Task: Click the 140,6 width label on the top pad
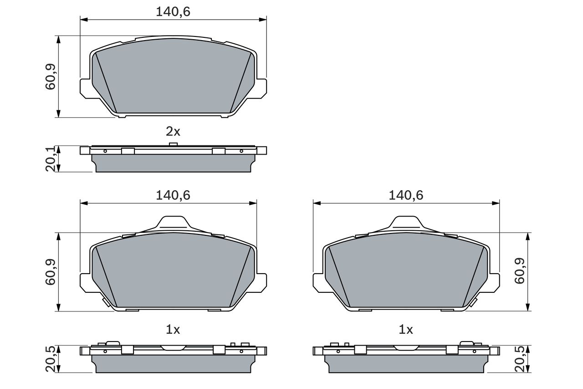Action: pyautogui.click(x=173, y=12)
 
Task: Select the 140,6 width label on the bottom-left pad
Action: pyautogui.click(x=173, y=195)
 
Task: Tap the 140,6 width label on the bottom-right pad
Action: pyautogui.click(x=406, y=195)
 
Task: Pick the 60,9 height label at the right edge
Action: pyautogui.click(x=520, y=272)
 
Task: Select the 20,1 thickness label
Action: pyautogui.click(x=51, y=159)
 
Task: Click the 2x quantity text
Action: pyautogui.click(x=173, y=132)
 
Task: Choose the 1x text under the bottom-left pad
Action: pyautogui.click(x=173, y=329)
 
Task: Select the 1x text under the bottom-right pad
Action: pyautogui.click(x=406, y=329)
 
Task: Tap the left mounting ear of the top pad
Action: pyautogui.click(x=86, y=88)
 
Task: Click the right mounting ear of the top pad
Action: pyautogui.click(x=261, y=88)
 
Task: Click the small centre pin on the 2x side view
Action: pyautogui.click(x=173, y=145)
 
